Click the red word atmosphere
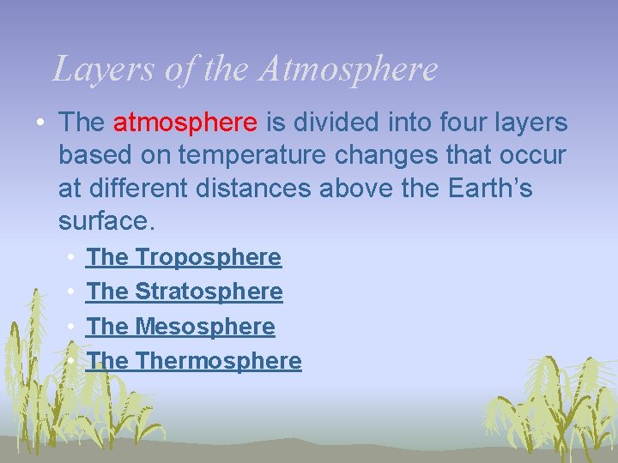click(x=185, y=123)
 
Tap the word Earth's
click(x=490, y=188)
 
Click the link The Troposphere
click(x=184, y=257)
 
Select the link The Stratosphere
click(x=185, y=292)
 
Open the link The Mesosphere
click(x=181, y=327)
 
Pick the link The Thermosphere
click(x=194, y=361)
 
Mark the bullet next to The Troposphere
click(x=69, y=257)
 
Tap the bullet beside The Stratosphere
click(x=69, y=292)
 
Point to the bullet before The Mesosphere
click(x=69, y=327)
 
